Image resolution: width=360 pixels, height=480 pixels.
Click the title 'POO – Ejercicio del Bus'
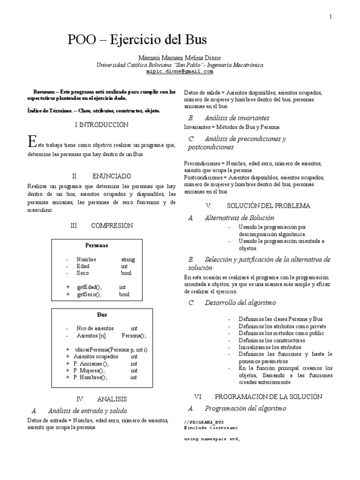tap(137, 39)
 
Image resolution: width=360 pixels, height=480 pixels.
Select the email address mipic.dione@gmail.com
tap(180, 72)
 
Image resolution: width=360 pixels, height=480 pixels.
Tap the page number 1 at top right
tap(331, 16)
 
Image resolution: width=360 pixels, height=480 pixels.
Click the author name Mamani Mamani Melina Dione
tap(180, 58)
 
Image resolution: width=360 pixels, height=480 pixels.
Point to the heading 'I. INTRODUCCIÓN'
tap(102, 125)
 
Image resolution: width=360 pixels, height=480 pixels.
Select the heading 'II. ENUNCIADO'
tap(102, 176)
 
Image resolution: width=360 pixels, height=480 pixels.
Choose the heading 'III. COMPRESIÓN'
tap(102, 225)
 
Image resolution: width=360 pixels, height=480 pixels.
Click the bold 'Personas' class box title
tap(97, 245)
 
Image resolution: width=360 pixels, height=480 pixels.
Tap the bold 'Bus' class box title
tap(102, 315)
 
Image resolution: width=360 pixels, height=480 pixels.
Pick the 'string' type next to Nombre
tap(127, 259)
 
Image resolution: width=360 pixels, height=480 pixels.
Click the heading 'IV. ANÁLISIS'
tap(102, 399)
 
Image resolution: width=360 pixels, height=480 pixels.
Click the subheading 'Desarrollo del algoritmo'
tap(240, 303)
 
